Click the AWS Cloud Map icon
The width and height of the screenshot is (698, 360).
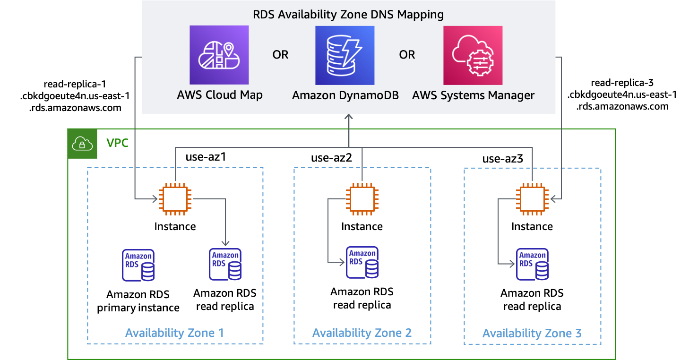(219, 55)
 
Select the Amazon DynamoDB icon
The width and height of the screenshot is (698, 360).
(345, 55)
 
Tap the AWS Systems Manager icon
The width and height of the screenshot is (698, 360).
(473, 55)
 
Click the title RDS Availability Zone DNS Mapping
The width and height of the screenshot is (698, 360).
(348, 14)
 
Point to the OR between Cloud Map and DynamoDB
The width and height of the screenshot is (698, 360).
(280, 55)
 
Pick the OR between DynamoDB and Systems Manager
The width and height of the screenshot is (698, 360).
(407, 55)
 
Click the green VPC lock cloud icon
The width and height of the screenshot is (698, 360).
(83, 144)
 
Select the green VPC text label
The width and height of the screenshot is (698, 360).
(117, 143)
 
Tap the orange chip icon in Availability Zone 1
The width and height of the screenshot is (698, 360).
(175, 199)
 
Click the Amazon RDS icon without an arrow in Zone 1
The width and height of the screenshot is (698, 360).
(138, 265)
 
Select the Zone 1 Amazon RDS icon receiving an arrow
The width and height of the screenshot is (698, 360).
(225, 264)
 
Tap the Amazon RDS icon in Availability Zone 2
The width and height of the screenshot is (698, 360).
(362, 262)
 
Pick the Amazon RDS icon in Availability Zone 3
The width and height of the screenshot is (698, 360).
(532, 264)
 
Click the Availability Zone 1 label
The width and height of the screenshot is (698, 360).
(174, 333)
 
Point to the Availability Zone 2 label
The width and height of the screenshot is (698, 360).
(362, 333)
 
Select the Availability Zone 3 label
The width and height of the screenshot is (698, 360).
(532, 334)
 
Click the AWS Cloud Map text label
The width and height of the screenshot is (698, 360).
(220, 95)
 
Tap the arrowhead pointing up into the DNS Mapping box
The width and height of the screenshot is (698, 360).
(349, 117)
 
